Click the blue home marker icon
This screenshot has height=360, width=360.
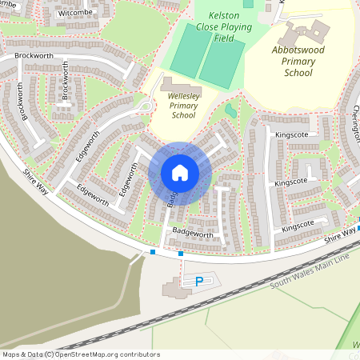(180, 173)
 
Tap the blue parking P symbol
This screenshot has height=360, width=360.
(199, 281)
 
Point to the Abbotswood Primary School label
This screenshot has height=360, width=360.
(298, 60)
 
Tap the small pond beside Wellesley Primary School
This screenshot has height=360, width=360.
(230, 110)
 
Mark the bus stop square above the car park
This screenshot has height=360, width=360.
(181, 254)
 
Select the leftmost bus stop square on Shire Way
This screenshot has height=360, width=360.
(152, 252)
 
